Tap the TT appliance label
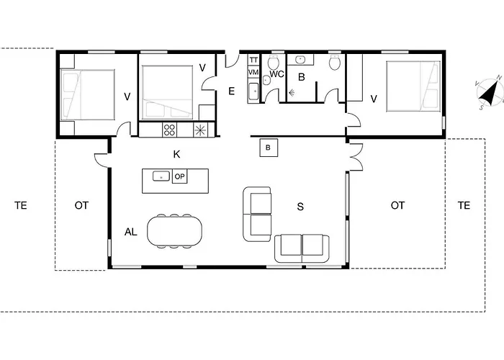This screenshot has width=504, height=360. coord(253,60)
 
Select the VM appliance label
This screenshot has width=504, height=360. coord(253,73)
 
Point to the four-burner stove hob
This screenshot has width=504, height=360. coord(171,130)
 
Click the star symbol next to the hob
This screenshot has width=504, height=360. coord(200,130)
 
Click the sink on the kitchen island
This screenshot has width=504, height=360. coord(161,176)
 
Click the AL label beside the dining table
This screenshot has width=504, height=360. coord(130,232)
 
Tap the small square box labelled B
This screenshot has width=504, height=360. coord(268,148)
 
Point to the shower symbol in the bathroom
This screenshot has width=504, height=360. coord(292,92)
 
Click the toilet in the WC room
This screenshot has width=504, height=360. coord(274,63)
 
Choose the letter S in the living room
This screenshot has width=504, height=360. coord(300,206)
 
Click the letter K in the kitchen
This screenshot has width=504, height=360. coord(176,154)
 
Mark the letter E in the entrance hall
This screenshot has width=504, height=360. coord(231,91)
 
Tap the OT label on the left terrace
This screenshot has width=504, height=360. coord(81,205)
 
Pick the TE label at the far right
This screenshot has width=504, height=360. coord(464,205)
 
